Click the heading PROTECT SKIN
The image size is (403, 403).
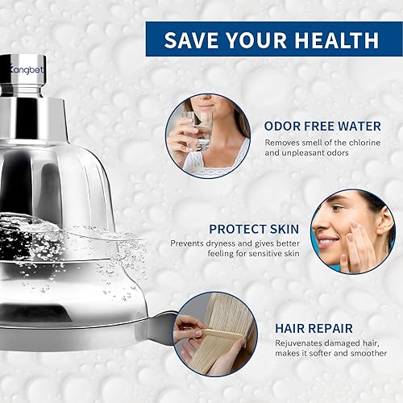tap(256, 228)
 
